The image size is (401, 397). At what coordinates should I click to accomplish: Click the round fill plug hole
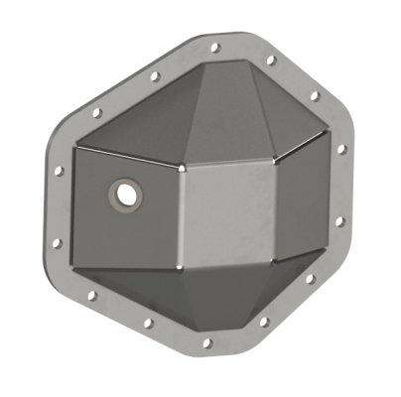[126, 194]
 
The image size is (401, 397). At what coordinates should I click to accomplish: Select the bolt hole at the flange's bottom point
[206, 343]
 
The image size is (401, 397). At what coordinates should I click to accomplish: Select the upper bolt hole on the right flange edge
[341, 150]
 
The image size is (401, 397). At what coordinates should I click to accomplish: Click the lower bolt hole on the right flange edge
[337, 222]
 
